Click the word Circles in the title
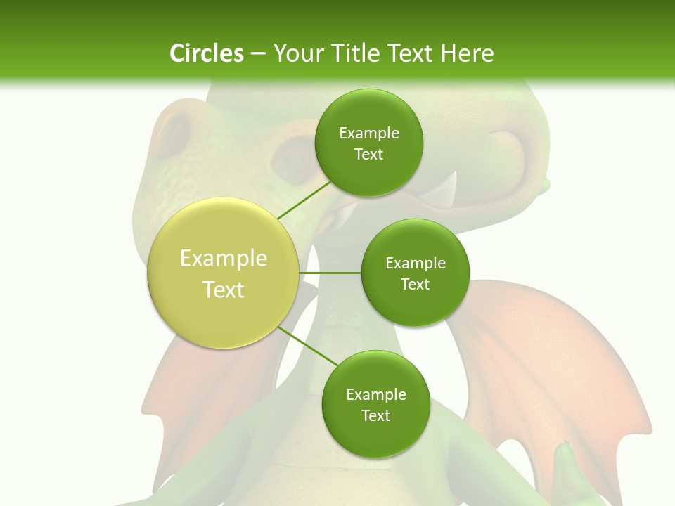pyautogui.click(x=206, y=53)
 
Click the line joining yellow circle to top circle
pyautogui.click(x=304, y=200)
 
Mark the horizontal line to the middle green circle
pyautogui.click(x=330, y=273)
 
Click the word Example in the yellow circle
pyautogui.click(x=224, y=259)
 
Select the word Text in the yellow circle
pyautogui.click(x=224, y=290)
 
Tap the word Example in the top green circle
pyautogui.click(x=369, y=134)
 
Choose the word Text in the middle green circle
pyautogui.click(x=415, y=284)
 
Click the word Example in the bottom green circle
pyautogui.click(x=376, y=395)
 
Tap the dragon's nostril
pyautogui.click(x=176, y=132)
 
